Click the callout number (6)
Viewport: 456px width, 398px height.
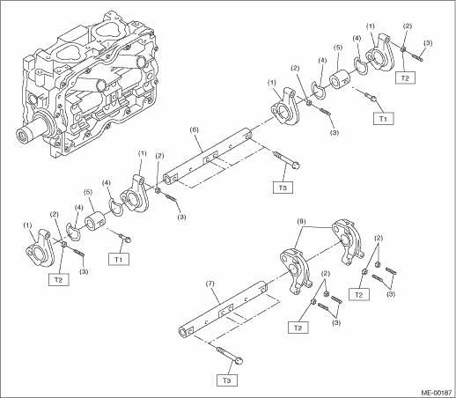[194, 129]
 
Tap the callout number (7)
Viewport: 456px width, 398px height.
[210, 284]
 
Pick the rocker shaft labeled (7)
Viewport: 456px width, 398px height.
[223, 309]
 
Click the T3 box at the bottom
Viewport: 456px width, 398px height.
[227, 380]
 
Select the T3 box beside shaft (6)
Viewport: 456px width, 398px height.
[283, 188]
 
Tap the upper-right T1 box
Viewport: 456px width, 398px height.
[383, 119]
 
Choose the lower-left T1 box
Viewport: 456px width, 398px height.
[118, 259]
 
